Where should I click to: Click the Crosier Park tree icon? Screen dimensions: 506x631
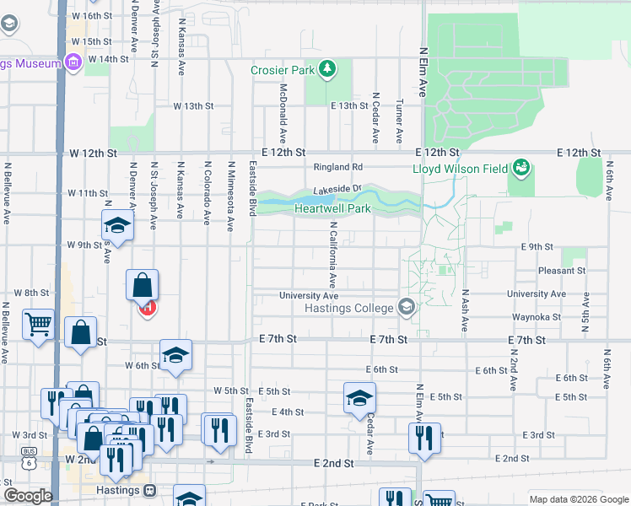tap(328, 70)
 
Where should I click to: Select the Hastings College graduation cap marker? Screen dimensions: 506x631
tap(407, 308)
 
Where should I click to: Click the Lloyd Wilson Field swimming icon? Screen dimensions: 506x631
tap(520, 168)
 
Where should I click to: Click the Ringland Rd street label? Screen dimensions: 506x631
tap(338, 167)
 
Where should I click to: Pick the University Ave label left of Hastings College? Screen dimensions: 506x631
tap(309, 296)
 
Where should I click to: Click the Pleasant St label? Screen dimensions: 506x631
tap(563, 271)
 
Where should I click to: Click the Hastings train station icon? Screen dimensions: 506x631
tap(150, 490)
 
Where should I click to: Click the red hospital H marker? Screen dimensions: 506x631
tap(147, 308)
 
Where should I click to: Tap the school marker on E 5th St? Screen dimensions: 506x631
tap(359, 398)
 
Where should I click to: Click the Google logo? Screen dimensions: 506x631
tap(27, 495)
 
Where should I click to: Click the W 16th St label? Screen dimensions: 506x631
tap(93, 16)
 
